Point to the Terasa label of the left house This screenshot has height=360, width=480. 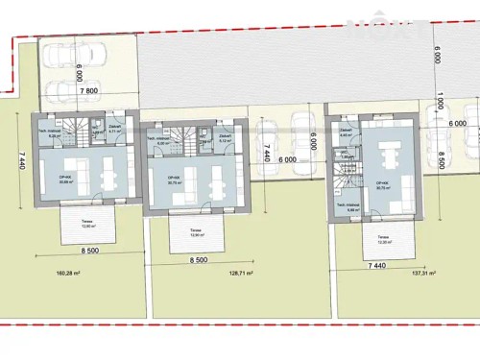(x=87, y=224)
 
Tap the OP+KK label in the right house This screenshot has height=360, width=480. (x=381, y=182)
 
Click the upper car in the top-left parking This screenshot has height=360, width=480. (x=60, y=60)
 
